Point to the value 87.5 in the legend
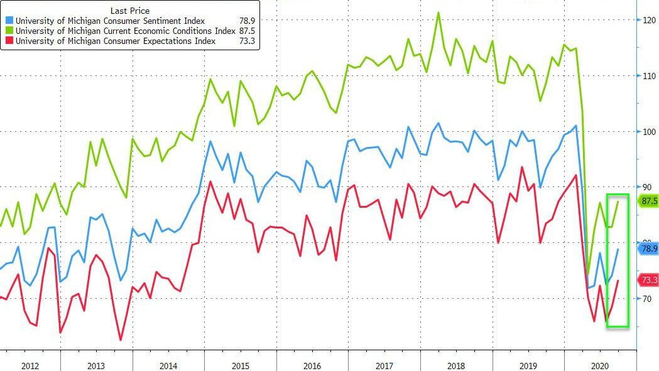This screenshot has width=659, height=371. tap(246, 31)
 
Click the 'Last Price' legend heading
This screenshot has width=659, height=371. tap(130, 11)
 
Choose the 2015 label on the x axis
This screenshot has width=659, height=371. tap(241, 365)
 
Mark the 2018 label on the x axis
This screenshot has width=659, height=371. tap(457, 365)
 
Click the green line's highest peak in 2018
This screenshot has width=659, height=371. tap(438, 13)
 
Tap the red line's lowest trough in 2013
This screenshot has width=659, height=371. tap(121, 340)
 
